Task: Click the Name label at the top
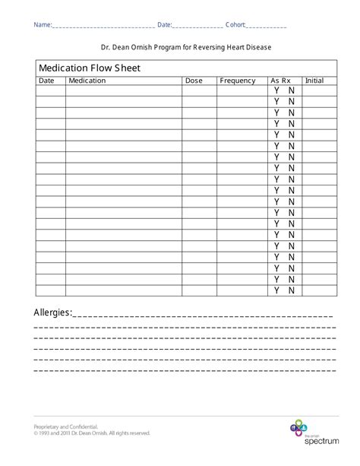click(42, 25)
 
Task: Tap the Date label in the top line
click(165, 25)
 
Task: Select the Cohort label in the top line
click(236, 25)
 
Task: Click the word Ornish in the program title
click(144, 47)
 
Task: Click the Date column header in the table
click(47, 81)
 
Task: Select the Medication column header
click(87, 81)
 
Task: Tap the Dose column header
click(194, 81)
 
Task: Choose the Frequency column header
click(238, 81)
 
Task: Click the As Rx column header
click(280, 81)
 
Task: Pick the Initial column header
click(314, 81)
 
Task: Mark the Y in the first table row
click(277, 90)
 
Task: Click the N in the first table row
click(292, 90)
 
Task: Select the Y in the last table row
click(277, 290)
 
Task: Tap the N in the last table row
click(292, 290)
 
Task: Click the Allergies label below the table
click(53, 312)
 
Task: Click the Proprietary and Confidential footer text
click(66, 427)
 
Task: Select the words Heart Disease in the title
click(247, 47)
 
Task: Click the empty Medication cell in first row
click(124, 90)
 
